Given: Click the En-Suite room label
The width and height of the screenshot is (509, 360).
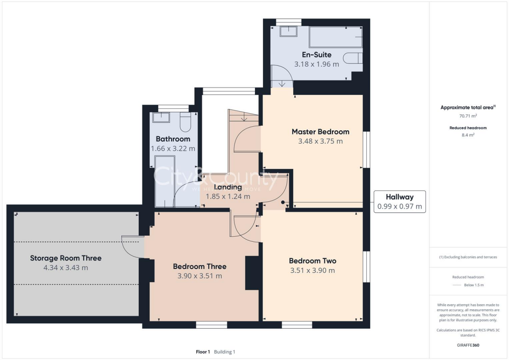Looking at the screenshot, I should pyautogui.click(x=316, y=55).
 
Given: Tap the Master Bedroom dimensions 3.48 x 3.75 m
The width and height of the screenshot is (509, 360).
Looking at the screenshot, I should pyautogui.click(x=320, y=141).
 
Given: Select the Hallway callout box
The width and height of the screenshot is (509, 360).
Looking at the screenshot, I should pyautogui.click(x=400, y=201).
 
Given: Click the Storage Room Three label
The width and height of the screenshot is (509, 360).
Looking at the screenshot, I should pyautogui.click(x=66, y=258).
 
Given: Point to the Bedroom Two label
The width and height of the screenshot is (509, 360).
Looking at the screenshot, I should pyautogui.click(x=313, y=261).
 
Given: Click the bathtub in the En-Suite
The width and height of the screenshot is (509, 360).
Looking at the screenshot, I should pyautogui.click(x=335, y=37).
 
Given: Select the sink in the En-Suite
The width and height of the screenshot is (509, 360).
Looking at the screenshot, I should pyautogui.click(x=288, y=31).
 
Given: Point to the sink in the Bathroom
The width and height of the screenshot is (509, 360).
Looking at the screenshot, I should pyautogui.click(x=161, y=117).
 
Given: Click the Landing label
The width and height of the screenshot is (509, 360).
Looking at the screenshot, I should pyautogui.click(x=228, y=187).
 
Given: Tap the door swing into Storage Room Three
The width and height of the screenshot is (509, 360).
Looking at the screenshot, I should pyautogui.click(x=133, y=246).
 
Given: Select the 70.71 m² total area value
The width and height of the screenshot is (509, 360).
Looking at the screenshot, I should pyautogui.click(x=467, y=116).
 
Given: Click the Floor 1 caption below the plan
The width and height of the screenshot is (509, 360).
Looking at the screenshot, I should pyautogui.click(x=203, y=352).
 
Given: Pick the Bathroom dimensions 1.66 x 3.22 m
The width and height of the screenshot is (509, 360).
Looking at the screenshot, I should pyautogui.click(x=173, y=148).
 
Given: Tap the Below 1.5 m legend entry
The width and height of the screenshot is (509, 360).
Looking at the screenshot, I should pyautogui.click(x=474, y=285).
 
